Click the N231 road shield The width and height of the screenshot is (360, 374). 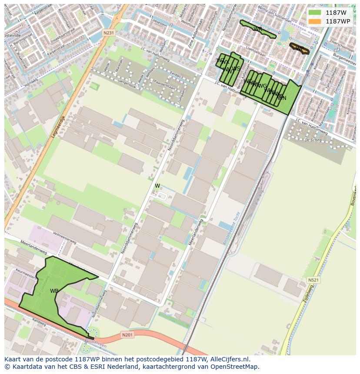(109, 33)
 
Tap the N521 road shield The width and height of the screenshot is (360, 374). (313, 280)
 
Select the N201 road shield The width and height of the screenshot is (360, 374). (127, 334)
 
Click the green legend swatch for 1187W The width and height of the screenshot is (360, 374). (315, 13)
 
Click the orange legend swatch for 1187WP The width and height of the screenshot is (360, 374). (315, 21)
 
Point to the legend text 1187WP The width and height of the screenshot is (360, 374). (338, 21)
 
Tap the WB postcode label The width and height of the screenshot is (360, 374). (54, 291)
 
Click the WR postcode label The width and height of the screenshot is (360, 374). (257, 29)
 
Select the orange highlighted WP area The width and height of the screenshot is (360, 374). (299, 49)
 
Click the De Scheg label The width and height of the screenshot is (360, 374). (313, 140)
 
